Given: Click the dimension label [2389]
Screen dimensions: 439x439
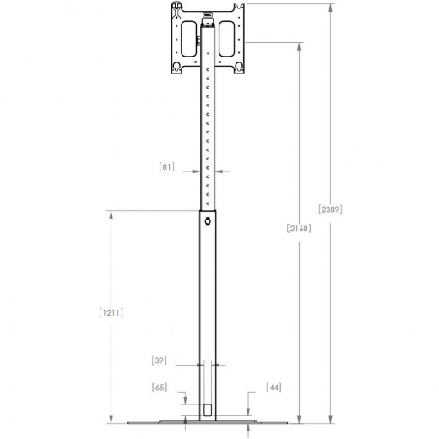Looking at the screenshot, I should coord(330,209).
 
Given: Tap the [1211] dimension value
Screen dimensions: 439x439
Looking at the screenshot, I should coord(111,312).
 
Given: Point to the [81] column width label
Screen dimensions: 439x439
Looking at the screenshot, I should coord(166,166).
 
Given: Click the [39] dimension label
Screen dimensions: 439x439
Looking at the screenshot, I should coord(159,360).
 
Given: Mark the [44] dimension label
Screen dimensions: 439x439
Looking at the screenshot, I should coord(273,387).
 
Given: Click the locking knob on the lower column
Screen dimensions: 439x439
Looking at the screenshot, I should coord(208,223).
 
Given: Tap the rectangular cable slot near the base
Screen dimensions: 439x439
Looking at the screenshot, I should coord(208,411).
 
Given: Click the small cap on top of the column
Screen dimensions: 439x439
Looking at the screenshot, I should coord(208,15).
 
